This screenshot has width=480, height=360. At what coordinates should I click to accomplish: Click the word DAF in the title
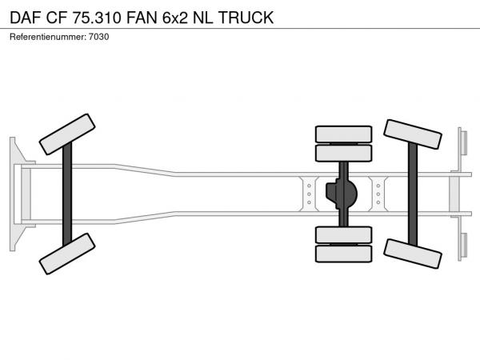point(26,18)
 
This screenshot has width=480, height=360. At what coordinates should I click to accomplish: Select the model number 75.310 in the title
point(97,18)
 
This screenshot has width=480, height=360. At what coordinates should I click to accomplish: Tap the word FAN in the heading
point(142,18)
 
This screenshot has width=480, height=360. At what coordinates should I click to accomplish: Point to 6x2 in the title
point(174,18)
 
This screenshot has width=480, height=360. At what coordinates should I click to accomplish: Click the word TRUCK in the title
point(246,18)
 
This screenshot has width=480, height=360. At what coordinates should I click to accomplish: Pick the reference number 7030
point(99,37)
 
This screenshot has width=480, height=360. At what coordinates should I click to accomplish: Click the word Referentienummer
point(48,37)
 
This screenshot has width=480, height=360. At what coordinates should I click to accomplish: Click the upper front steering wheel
point(67,134)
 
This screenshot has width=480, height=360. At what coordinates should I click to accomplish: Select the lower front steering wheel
point(67,254)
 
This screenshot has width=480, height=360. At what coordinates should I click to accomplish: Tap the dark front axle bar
point(67,194)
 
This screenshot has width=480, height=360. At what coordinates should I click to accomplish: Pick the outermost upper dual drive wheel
point(343,134)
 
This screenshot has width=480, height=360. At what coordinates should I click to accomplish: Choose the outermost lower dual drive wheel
point(343,254)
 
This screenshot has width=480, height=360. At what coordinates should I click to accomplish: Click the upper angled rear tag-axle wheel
point(412,134)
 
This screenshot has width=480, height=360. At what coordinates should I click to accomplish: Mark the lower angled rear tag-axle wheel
point(412,254)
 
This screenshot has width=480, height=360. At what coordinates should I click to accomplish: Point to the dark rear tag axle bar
point(413,194)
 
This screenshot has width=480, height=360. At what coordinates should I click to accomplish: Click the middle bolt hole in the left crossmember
point(309,194)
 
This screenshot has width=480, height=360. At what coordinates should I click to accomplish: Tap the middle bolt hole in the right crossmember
point(378,194)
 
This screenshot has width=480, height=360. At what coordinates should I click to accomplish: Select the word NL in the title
point(202,18)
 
